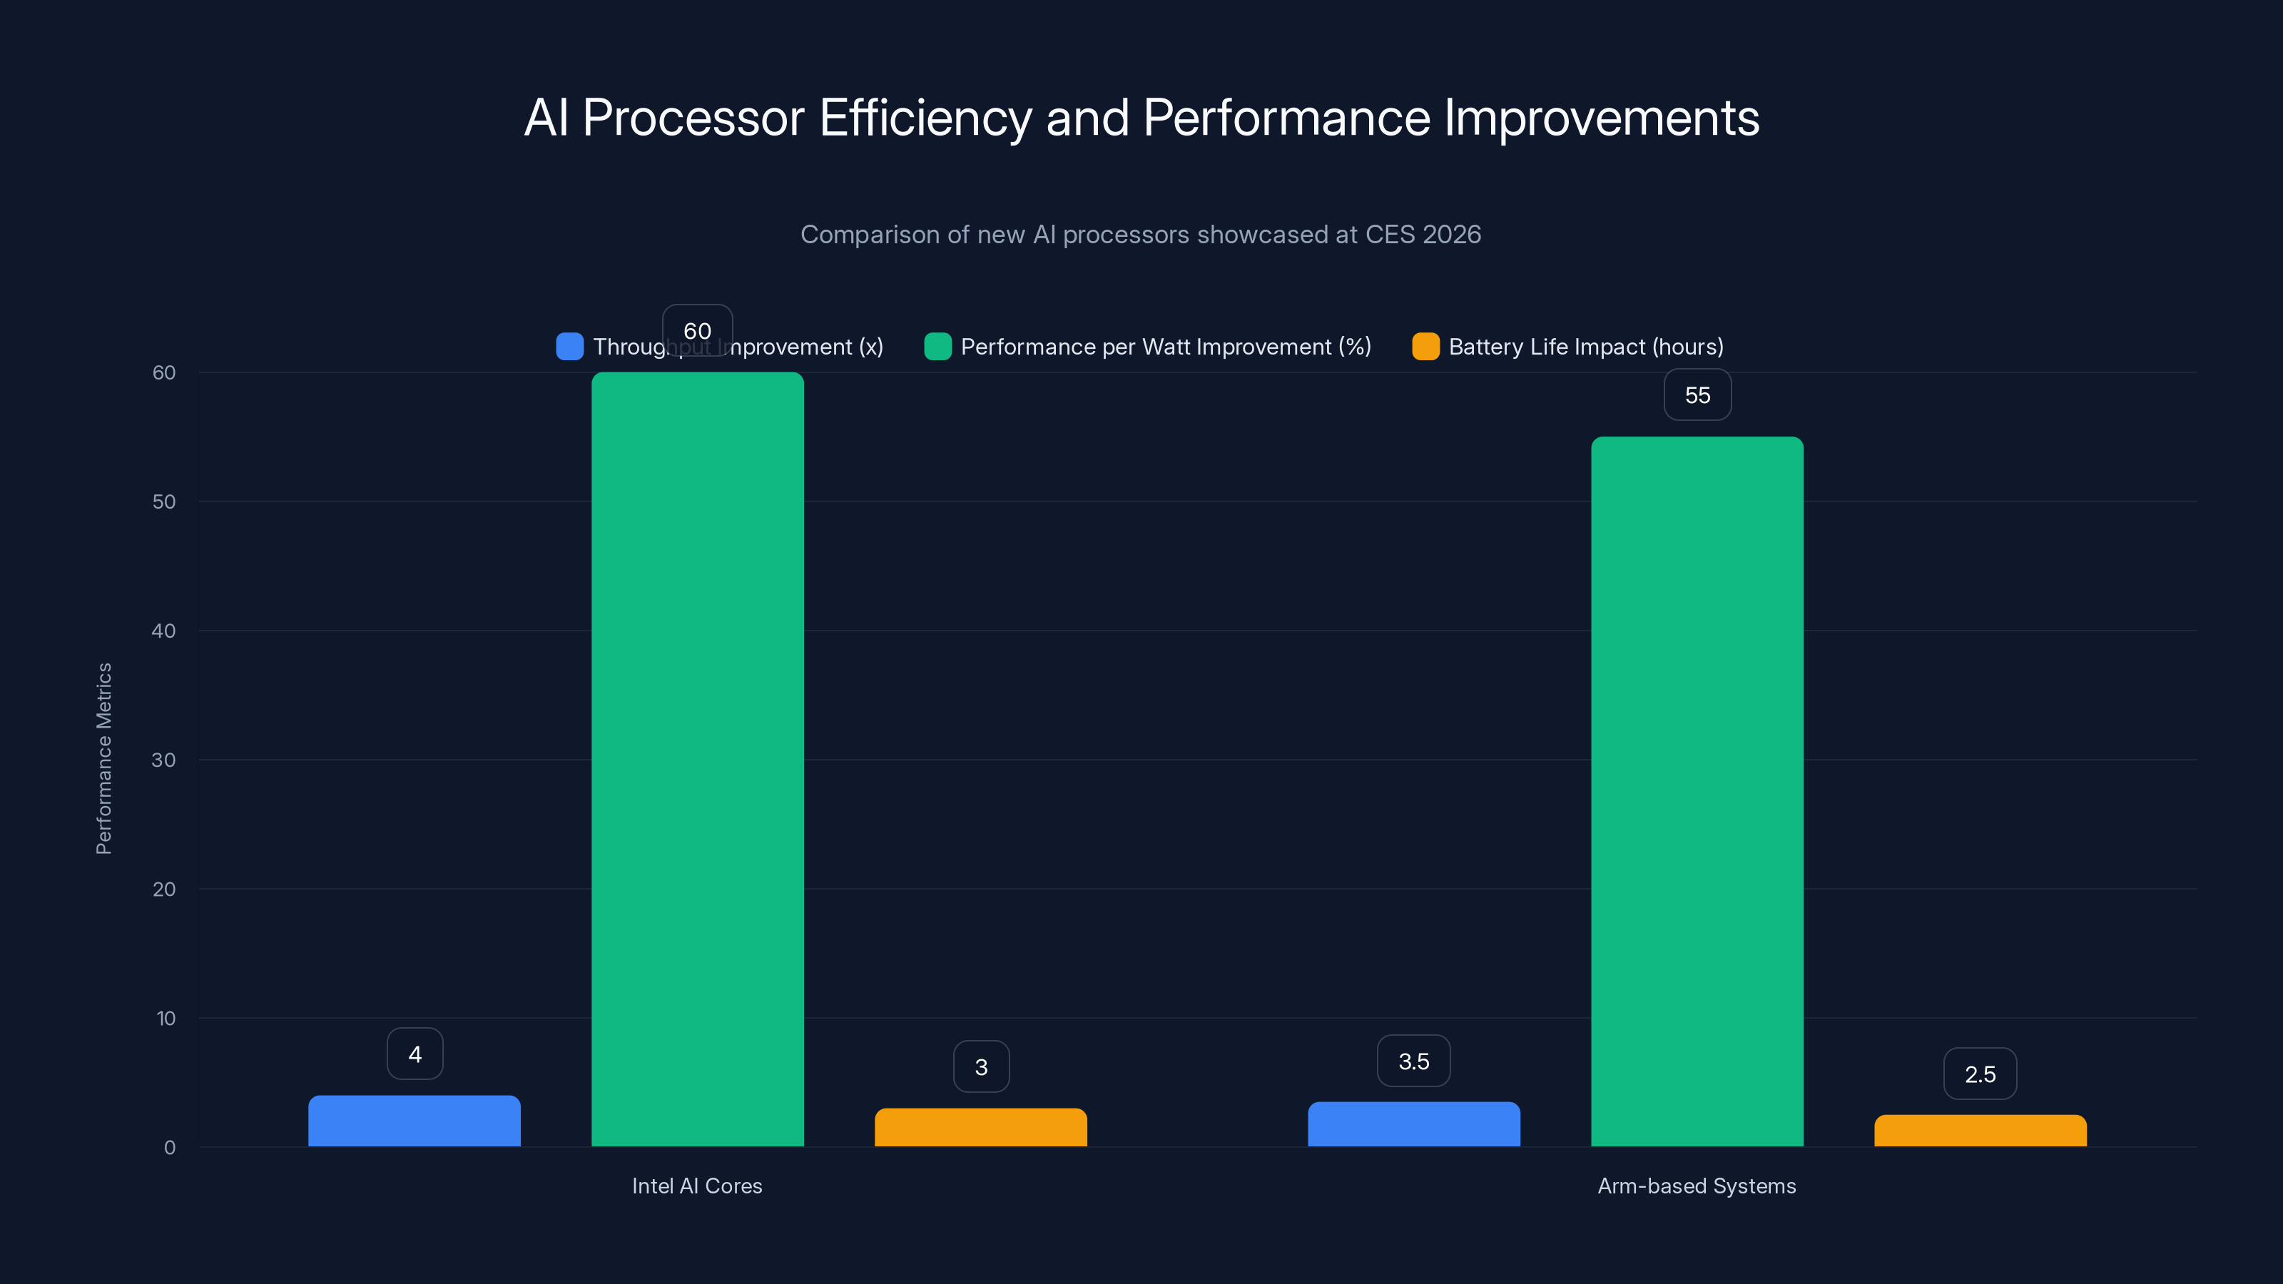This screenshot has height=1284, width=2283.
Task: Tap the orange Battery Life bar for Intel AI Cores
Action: tap(980, 1127)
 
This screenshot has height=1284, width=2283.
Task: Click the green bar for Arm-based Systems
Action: tap(1697, 791)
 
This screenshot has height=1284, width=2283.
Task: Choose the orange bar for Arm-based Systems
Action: tap(1980, 1131)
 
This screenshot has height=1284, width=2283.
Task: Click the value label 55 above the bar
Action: tap(1697, 395)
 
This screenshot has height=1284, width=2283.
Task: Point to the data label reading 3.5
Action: tap(1413, 1061)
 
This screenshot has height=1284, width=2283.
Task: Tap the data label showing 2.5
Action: tap(1980, 1074)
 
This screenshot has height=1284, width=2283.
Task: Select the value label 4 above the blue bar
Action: tap(415, 1054)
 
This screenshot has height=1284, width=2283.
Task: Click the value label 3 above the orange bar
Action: tap(981, 1067)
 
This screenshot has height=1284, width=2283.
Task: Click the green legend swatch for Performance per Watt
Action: tap(937, 347)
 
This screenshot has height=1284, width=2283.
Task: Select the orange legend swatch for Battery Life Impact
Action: tap(1425, 347)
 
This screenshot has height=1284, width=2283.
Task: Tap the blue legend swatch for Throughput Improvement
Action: tap(570, 347)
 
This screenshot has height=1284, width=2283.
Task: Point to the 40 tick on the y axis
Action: tap(164, 631)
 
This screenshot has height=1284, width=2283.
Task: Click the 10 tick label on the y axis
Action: tap(166, 1018)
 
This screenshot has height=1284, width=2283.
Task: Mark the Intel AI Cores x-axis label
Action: tap(696, 1186)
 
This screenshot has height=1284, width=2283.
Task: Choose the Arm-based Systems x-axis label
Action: tap(1697, 1186)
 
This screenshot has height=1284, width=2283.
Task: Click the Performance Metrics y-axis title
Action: tap(103, 758)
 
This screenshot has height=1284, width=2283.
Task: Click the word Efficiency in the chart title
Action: tap(925, 118)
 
